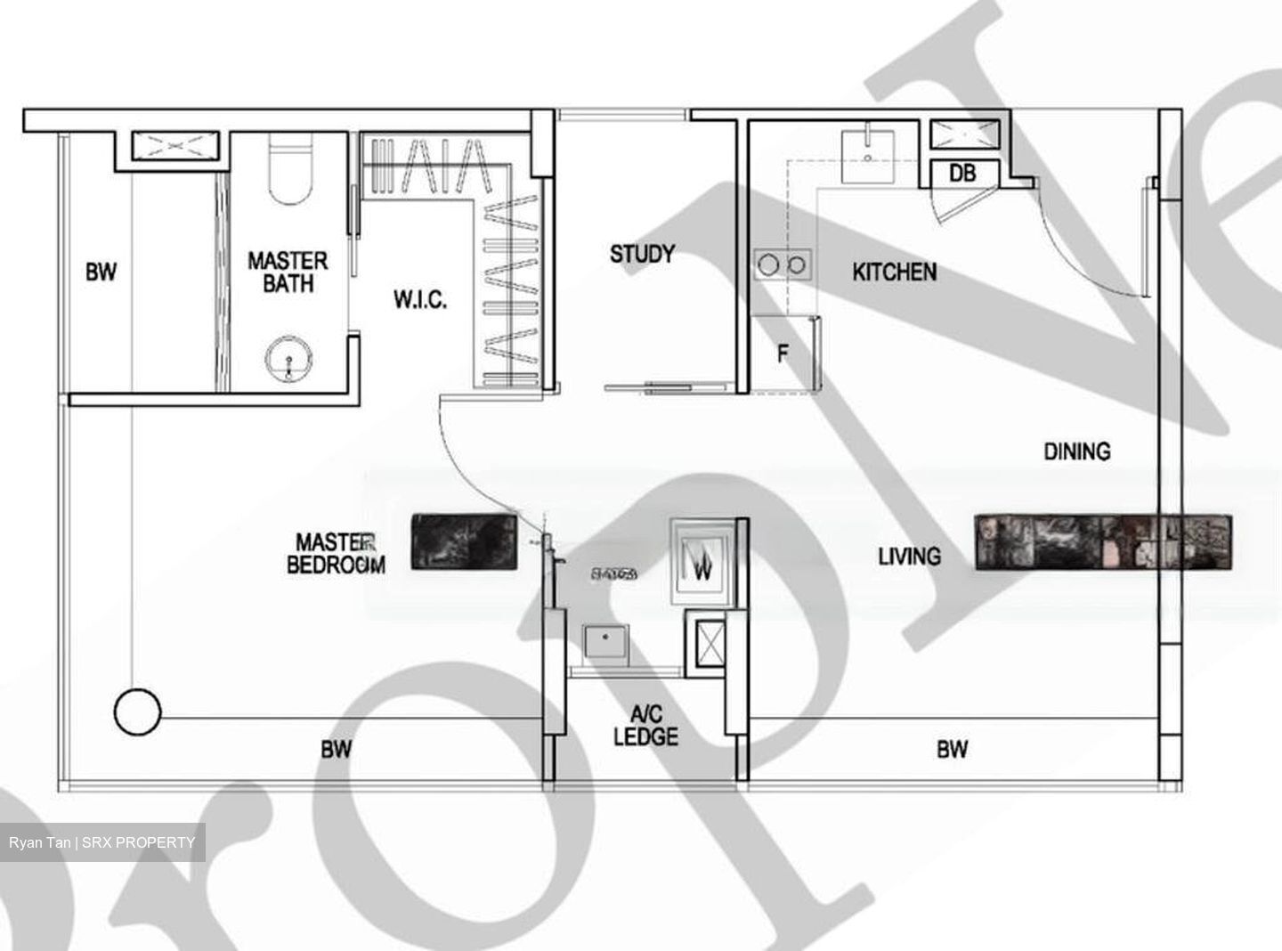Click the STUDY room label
pyautogui.click(x=642, y=255)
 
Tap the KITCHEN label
pyautogui.click(x=894, y=272)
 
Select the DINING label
pyautogui.click(x=1076, y=451)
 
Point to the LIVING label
pyautogui.click(x=909, y=557)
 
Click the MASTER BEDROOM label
pyautogui.click(x=336, y=553)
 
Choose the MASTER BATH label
pyautogui.click(x=287, y=272)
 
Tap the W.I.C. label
pyautogui.click(x=420, y=300)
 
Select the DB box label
pyautogui.click(x=962, y=173)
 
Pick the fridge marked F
pyautogui.click(x=783, y=354)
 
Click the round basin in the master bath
pyautogui.click(x=289, y=358)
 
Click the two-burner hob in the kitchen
pyautogui.click(x=783, y=264)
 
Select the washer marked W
pyautogui.click(x=702, y=565)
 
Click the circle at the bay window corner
pyautogui.click(x=138, y=712)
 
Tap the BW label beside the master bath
pyautogui.click(x=101, y=272)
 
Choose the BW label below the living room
pyautogui.click(x=952, y=750)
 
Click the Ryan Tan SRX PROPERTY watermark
pyautogui.click(x=102, y=842)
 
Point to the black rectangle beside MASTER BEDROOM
pyautogui.click(x=464, y=541)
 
